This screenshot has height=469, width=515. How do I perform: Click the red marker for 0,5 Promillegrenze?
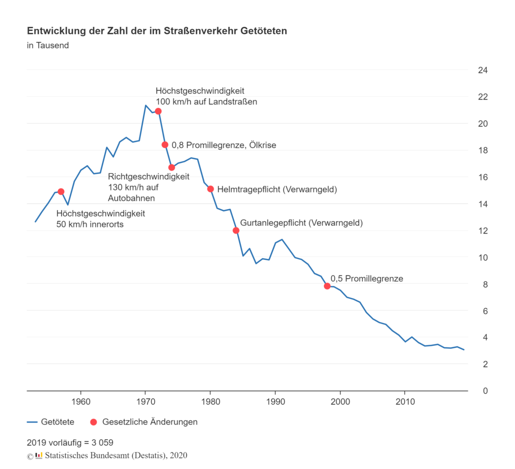click(x=327, y=286)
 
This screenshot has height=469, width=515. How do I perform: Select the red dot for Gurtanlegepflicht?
click(x=236, y=230)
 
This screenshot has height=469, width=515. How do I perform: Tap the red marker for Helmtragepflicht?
click(x=210, y=189)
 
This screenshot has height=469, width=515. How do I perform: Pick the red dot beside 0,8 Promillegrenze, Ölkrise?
click(x=165, y=145)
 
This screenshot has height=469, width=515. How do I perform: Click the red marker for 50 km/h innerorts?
click(x=61, y=191)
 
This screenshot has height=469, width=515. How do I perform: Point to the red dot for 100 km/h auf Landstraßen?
click(x=158, y=111)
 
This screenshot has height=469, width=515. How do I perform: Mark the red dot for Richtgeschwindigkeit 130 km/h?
click(x=171, y=167)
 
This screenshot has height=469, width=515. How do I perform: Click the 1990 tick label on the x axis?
click(x=275, y=401)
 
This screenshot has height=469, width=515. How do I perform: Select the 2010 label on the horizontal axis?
click(x=405, y=401)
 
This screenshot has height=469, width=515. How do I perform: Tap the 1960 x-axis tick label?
click(x=80, y=401)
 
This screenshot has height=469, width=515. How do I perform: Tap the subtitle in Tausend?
click(x=48, y=45)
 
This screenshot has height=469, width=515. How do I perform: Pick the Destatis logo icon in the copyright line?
click(x=39, y=455)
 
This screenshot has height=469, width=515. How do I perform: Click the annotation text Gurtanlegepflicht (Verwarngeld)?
click(x=301, y=223)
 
